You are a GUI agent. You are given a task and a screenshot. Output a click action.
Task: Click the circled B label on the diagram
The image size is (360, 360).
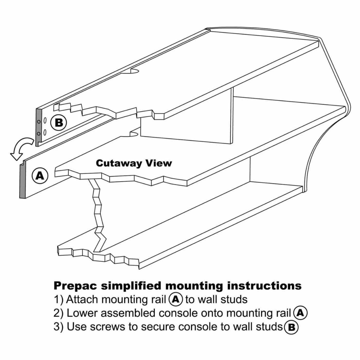pyautogui.click(x=59, y=123)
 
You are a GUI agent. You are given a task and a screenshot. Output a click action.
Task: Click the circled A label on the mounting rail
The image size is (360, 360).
pyautogui.click(x=40, y=176)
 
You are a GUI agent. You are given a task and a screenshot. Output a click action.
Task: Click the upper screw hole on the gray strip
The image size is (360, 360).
pyautogui.click(x=39, y=121)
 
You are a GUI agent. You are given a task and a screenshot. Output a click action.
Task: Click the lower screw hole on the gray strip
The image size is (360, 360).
pyautogui.click(x=39, y=133)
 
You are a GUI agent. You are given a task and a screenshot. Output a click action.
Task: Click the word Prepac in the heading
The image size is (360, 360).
pyautogui.click(x=76, y=286)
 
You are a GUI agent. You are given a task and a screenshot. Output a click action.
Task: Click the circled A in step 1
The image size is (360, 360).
pyautogui.click(x=176, y=299)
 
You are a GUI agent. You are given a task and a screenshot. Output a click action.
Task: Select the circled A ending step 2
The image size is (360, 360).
pyautogui.click(x=300, y=313)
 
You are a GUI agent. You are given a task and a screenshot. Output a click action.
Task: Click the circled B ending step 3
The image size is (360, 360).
pyautogui.click(x=291, y=327)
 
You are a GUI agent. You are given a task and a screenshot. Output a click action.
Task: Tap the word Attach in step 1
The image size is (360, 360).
pyautogui.click(x=82, y=299)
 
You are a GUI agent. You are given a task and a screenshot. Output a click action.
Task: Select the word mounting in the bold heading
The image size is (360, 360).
pyautogui.click(x=194, y=286)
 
